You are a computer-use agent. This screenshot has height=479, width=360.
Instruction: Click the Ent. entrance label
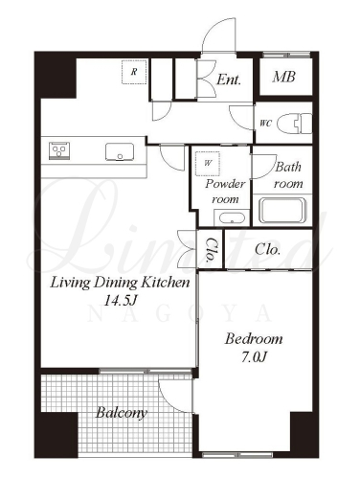(x=228, y=80)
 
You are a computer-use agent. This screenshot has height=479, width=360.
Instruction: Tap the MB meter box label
(x=283, y=77)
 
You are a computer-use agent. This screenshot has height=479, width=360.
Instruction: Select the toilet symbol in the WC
(x=294, y=124)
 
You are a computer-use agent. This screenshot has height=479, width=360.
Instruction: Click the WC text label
(x=265, y=123)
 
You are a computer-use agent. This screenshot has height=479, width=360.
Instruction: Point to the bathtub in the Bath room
(x=282, y=210)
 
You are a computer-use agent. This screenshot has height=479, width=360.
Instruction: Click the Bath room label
(x=288, y=175)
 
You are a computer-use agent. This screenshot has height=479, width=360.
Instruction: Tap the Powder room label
(x=225, y=192)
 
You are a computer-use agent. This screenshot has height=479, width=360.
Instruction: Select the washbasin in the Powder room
(x=232, y=218)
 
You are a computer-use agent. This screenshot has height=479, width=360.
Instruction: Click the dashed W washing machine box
(x=208, y=164)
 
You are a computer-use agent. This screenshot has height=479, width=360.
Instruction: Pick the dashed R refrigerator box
(x=134, y=72)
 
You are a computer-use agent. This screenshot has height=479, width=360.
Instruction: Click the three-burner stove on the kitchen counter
(x=59, y=151)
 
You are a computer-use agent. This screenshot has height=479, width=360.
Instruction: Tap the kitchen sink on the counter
(x=120, y=151)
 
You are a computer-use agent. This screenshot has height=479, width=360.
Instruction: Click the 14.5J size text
(x=121, y=300)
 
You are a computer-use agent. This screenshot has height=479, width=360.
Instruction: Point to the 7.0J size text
(x=254, y=357)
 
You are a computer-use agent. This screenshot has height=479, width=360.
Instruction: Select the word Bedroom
(x=254, y=339)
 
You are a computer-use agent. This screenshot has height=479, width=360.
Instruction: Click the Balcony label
(x=122, y=413)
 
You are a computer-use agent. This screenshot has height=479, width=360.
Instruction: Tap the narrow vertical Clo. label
(x=211, y=249)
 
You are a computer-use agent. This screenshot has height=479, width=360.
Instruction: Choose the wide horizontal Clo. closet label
(x=267, y=249)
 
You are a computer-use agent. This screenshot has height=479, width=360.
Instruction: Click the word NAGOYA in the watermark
(x=180, y=314)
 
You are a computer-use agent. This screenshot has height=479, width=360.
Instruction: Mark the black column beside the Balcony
(x=56, y=435)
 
